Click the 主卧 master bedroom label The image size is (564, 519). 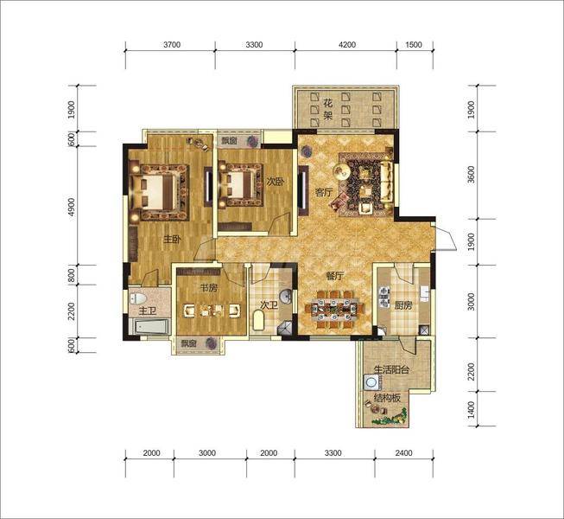[x=172, y=239]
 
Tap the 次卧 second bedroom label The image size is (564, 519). [x=276, y=182]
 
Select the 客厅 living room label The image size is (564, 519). [x=324, y=192]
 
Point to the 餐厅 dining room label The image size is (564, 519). [x=335, y=276]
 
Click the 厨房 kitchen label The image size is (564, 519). [x=402, y=305]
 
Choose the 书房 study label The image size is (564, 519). [x=209, y=287]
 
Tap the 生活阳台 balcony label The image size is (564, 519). [x=392, y=369]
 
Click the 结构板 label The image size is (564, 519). [x=387, y=398]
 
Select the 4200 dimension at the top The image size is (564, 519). [x=347, y=45]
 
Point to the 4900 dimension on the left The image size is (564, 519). [x=72, y=207]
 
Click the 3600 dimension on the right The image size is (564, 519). [x=472, y=175]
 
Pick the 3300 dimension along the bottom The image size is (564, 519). [x=333, y=452]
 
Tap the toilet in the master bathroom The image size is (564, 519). [x=139, y=298]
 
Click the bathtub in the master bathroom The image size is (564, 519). [x=150, y=327]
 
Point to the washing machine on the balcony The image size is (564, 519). [x=371, y=381]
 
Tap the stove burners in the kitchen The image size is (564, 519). [x=384, y=298]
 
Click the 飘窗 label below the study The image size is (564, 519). [x=188, y=343]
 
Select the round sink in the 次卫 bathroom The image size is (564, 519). [x=286, y=297]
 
